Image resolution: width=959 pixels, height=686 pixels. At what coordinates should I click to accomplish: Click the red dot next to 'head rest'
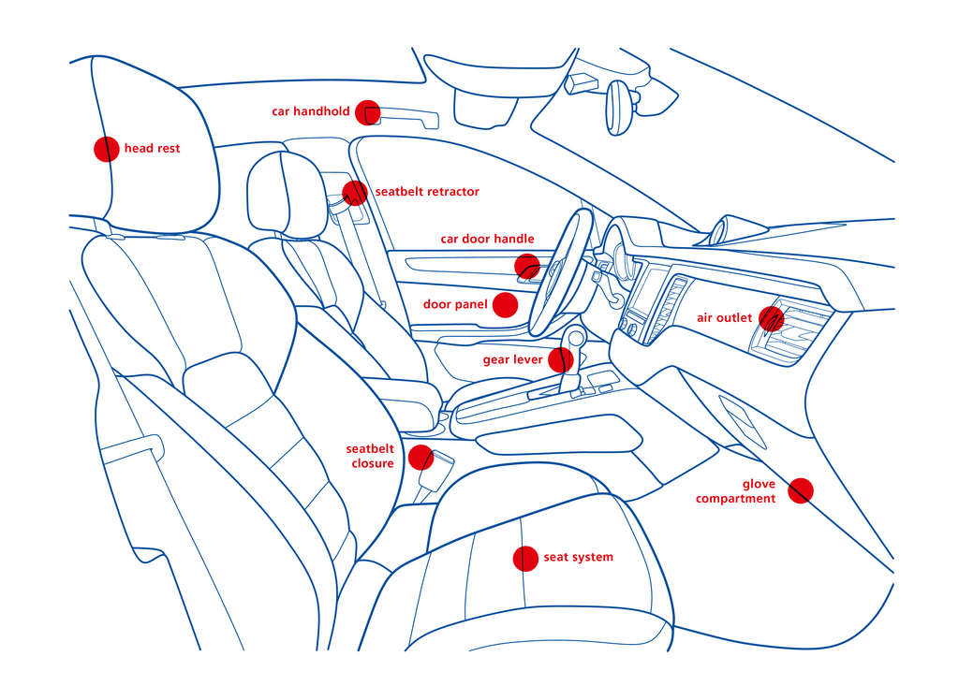[107, 149]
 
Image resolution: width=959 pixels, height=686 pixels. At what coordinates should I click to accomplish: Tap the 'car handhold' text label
[311, 111]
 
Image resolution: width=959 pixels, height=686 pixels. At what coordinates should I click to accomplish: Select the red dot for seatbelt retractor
[354, 193]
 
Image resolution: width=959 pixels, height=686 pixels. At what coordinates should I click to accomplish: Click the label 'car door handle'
[487, 239]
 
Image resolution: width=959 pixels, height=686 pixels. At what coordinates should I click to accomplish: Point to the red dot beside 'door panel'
[505, 305]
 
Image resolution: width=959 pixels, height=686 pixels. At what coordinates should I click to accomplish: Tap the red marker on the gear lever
[560, 359]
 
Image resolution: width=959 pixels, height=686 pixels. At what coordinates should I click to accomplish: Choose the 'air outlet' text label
[724, 318]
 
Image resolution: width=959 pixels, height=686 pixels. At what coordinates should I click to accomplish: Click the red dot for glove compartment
[800, 490]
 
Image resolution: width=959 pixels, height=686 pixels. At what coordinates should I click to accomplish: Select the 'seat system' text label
[578, 558]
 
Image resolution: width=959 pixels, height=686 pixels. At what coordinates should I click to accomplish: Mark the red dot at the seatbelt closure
[420, 458]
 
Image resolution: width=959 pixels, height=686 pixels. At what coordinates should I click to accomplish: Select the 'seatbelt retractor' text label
[427, 192]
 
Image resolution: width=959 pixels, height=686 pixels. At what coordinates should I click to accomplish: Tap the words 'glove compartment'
[736, 491]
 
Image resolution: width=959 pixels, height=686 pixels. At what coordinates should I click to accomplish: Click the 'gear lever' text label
[512, 359]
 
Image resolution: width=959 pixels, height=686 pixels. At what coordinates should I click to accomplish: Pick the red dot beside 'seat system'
[525, 559]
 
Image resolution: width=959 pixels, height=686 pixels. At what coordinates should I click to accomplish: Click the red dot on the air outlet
[771, 318]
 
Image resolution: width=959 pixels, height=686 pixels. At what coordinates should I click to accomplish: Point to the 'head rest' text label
[152, 149]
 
